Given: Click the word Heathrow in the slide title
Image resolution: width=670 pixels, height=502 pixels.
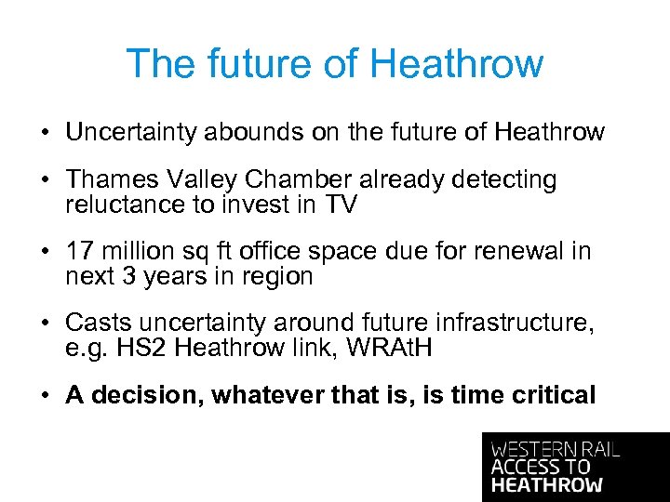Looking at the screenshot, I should pos(456,64).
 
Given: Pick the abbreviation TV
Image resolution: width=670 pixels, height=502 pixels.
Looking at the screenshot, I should pos(341,205).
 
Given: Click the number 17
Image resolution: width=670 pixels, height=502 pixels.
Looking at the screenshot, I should pos(78,252).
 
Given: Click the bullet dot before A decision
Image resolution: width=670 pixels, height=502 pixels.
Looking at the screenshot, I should pos(45,396).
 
